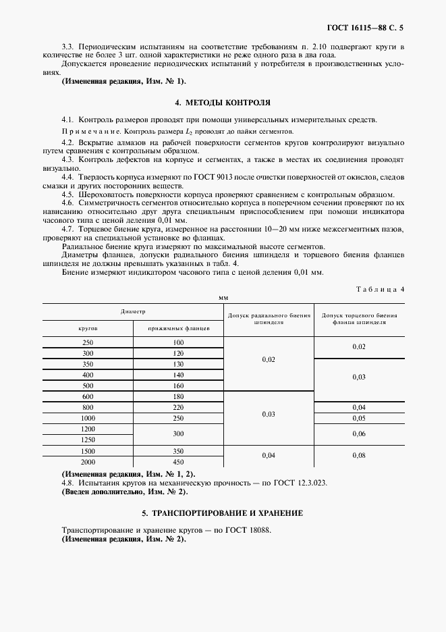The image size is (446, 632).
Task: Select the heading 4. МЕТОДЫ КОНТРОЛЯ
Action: tap(223, 103)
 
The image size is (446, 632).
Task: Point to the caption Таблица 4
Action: tap(381, 289)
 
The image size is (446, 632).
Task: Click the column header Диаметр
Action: tap(133, 311)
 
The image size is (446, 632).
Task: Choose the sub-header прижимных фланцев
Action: tap(177, 327)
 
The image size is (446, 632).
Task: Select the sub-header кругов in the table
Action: tap(88, 327)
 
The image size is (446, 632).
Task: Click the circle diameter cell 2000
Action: tap(88, 461)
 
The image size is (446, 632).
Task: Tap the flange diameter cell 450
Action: tap(178, 461)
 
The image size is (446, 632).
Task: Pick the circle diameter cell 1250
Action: tap(88, 440)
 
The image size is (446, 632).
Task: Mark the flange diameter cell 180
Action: tap(178, 396)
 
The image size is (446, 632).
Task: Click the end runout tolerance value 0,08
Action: tap(358, 456)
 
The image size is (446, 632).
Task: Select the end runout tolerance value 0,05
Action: tap(358, 418)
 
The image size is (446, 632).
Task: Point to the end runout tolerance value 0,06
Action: tap(358, 434)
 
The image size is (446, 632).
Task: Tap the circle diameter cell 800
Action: tap(88, 407)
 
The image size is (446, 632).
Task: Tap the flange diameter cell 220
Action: tap(178, 407)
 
